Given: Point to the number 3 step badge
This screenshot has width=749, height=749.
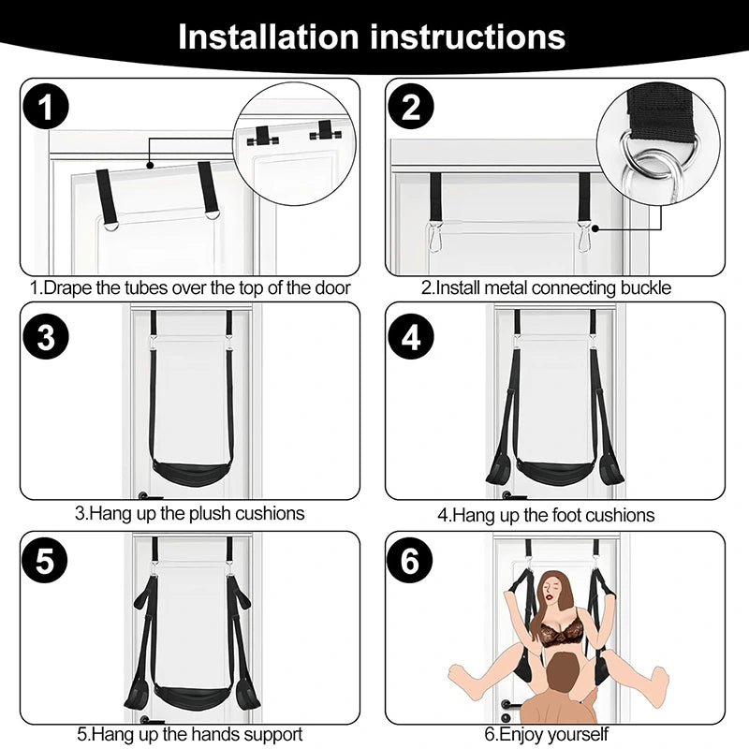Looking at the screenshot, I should tap(47, 337).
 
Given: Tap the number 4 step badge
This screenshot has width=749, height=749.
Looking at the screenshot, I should tap(412, 337).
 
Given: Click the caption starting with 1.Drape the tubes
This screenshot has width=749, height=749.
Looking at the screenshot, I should tap(190, 287).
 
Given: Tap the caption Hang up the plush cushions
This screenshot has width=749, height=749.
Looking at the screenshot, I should tap(190, 513).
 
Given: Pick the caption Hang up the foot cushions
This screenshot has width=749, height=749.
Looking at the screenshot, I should tap(547, 515).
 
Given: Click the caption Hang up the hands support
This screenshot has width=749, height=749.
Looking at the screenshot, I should tap(190, 735).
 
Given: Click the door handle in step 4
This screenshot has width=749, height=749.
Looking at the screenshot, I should tap(511, 494).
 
